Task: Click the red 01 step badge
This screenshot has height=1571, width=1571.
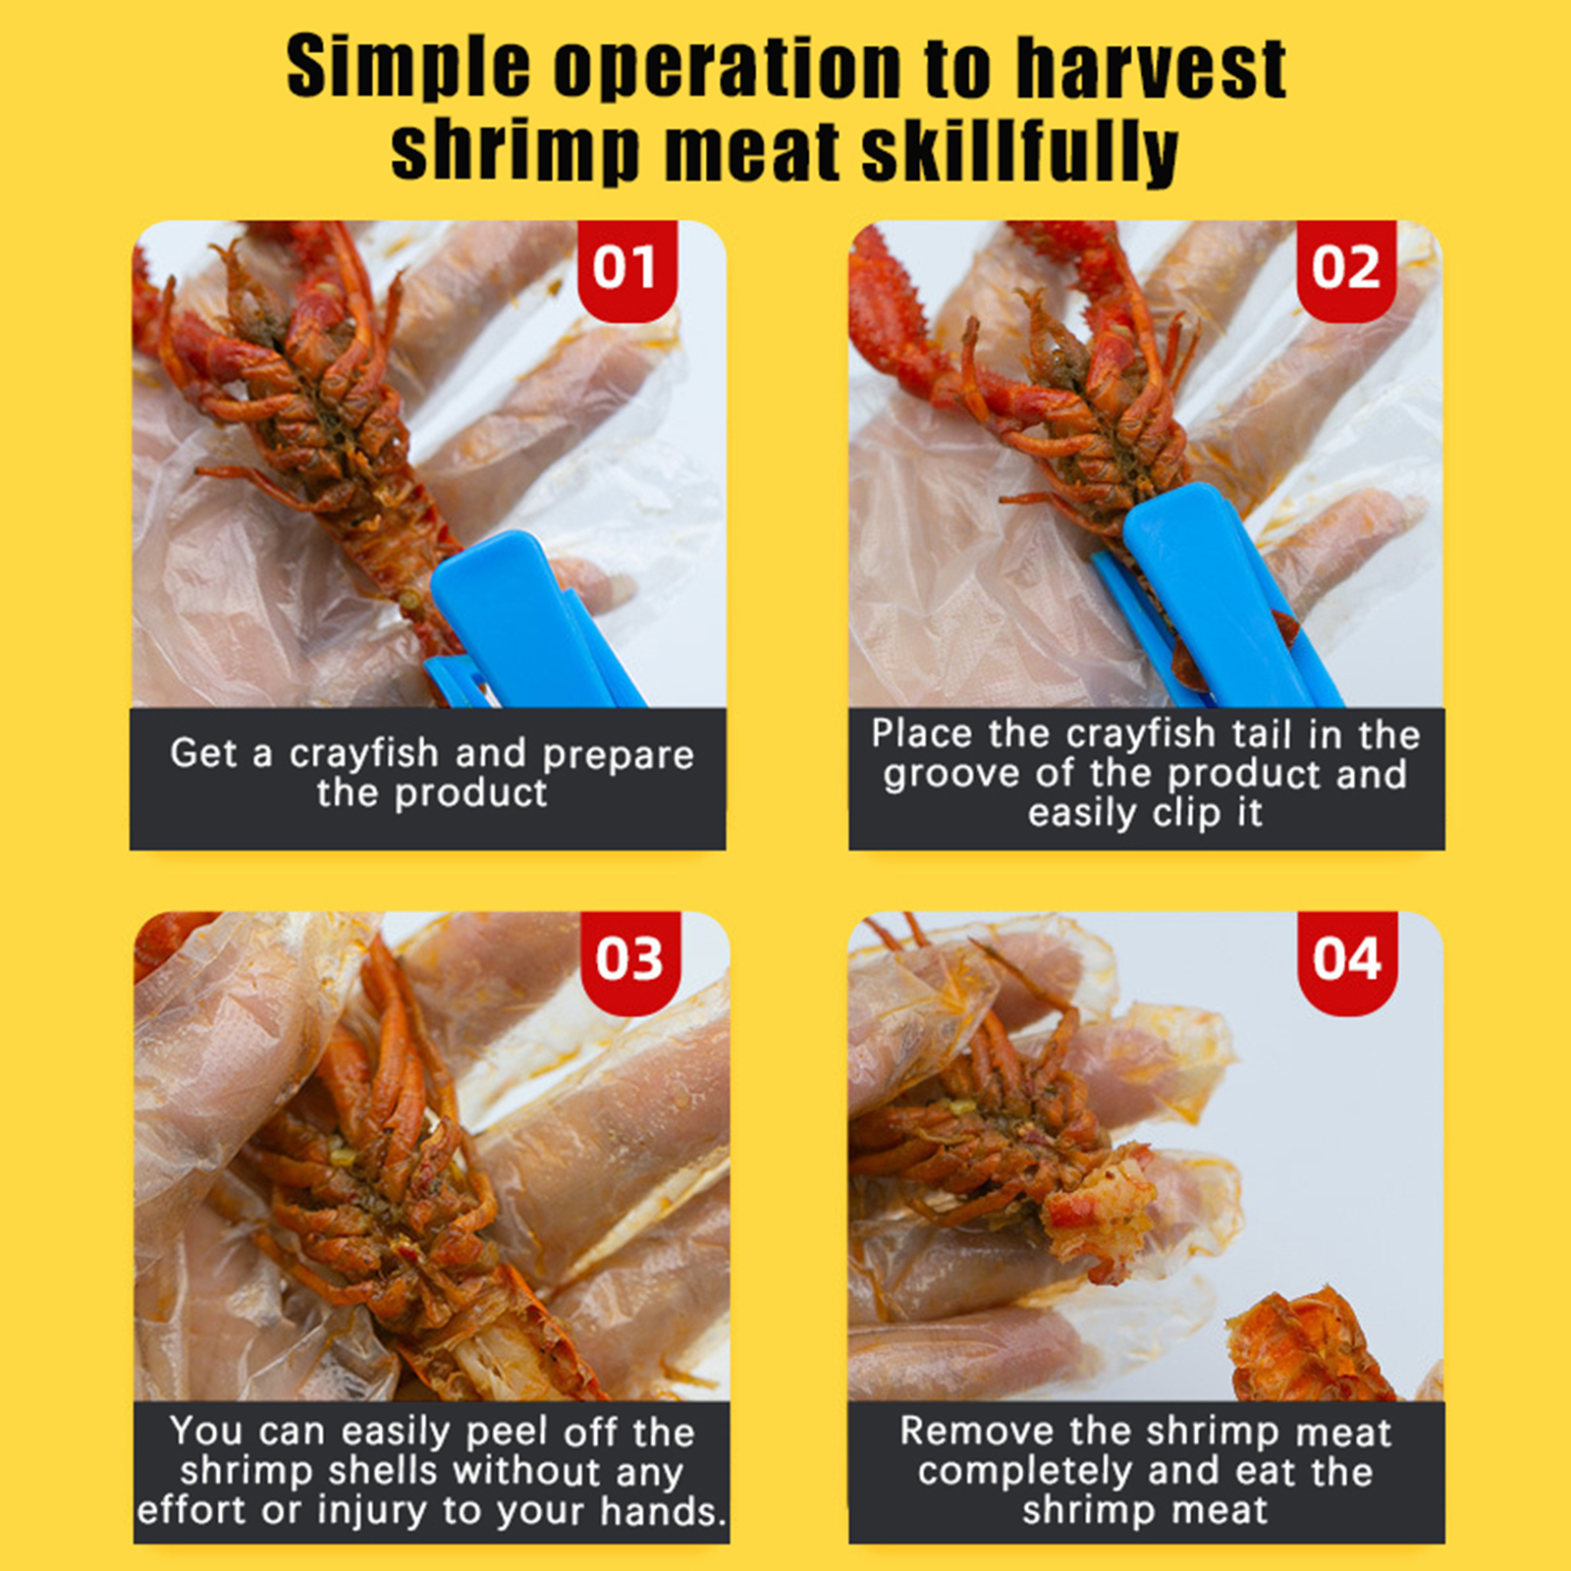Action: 627,270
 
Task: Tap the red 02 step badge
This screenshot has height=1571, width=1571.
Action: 1346,270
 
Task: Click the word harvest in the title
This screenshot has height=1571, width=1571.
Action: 1151,69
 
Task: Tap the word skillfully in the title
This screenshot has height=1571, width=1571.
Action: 1020,153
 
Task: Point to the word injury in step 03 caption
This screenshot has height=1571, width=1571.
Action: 374,1511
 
